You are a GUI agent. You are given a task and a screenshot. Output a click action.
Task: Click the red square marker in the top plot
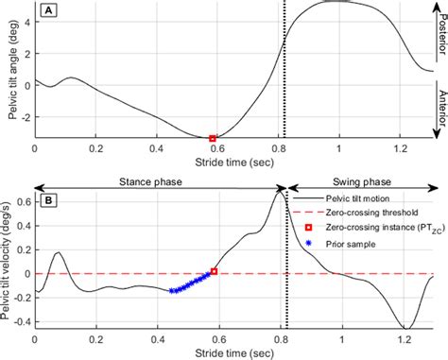(212, 138)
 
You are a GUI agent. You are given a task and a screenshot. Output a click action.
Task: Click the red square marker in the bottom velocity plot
(214, 271)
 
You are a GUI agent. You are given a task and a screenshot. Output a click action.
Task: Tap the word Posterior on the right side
(441, 33)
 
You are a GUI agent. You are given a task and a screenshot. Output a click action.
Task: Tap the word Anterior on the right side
(441, 110)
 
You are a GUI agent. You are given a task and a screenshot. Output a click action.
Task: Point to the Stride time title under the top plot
(232, 163)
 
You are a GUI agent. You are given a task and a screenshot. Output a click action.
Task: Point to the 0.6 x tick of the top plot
(217, 149)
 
